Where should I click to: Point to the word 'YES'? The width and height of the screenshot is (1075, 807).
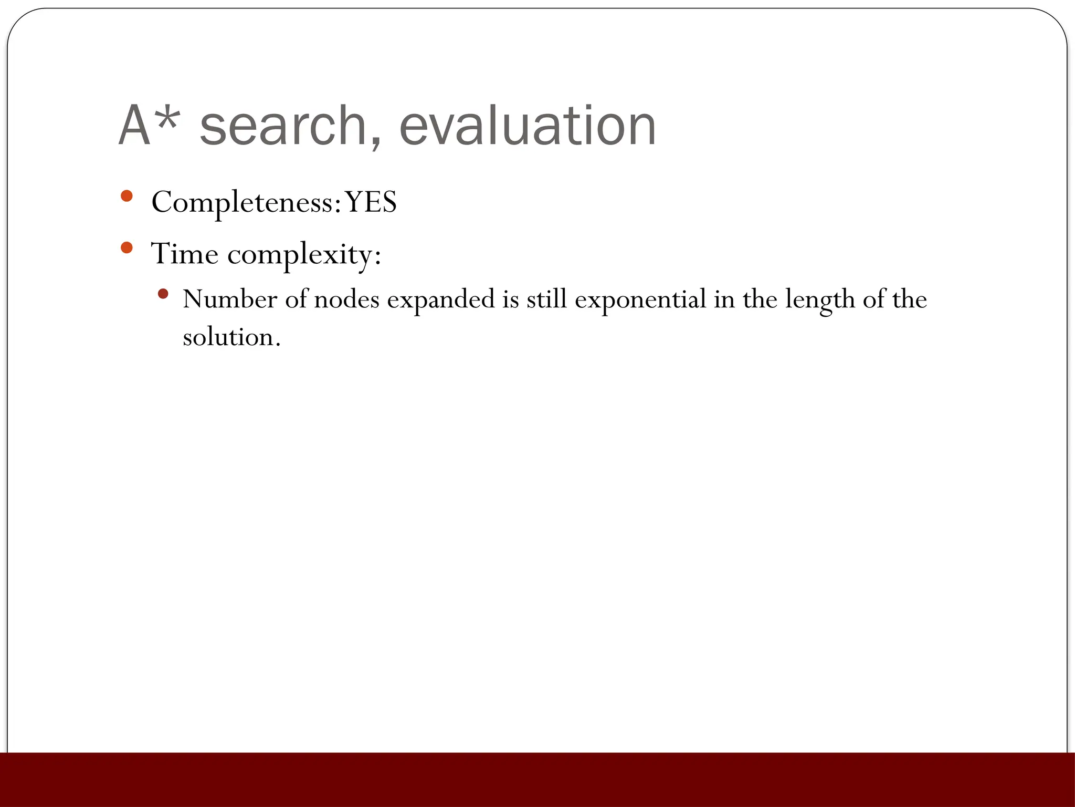coord(371,202)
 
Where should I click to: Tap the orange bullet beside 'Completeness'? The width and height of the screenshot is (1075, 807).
coord(127,196)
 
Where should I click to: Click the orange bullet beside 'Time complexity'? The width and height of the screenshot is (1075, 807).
coord(127,247)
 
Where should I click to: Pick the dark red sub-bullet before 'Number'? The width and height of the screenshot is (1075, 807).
coord(163,294)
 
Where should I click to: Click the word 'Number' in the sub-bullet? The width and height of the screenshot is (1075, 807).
coord(230,299)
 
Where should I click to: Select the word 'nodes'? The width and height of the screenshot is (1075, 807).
coord(346,299)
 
